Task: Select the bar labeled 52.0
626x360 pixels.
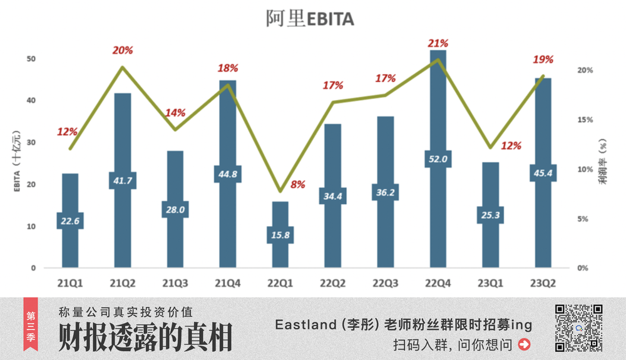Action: pos(438,113)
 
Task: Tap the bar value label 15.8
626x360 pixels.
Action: pos(280,235)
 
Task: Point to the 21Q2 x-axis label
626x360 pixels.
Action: pos(122,283)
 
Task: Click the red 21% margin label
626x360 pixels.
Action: pos(438,43)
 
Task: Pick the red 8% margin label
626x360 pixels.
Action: pos(298,185)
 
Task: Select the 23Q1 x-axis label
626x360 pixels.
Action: pos(490,283)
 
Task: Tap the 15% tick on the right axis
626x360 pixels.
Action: pos(583,120)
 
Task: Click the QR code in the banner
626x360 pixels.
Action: pos(579,327)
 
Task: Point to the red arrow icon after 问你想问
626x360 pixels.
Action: pos(525,344)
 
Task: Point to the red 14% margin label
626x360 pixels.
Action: pos(175,113)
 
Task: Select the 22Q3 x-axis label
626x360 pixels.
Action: pos(385,283)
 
